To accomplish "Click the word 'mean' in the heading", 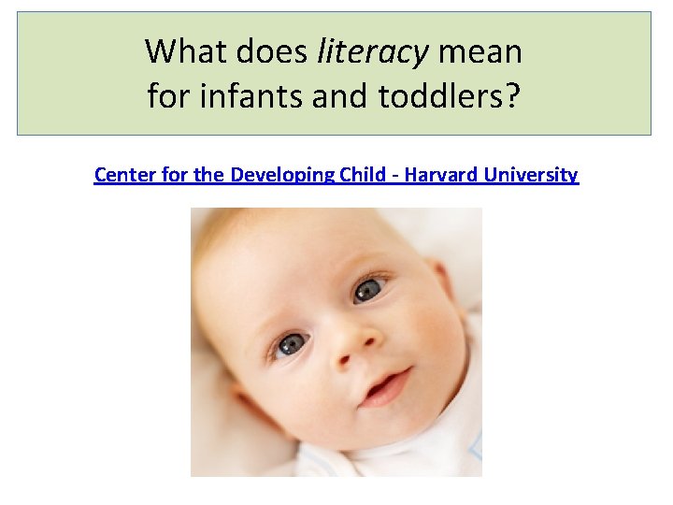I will [x=480, y=52].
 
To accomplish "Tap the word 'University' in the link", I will [x=530, y=175].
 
